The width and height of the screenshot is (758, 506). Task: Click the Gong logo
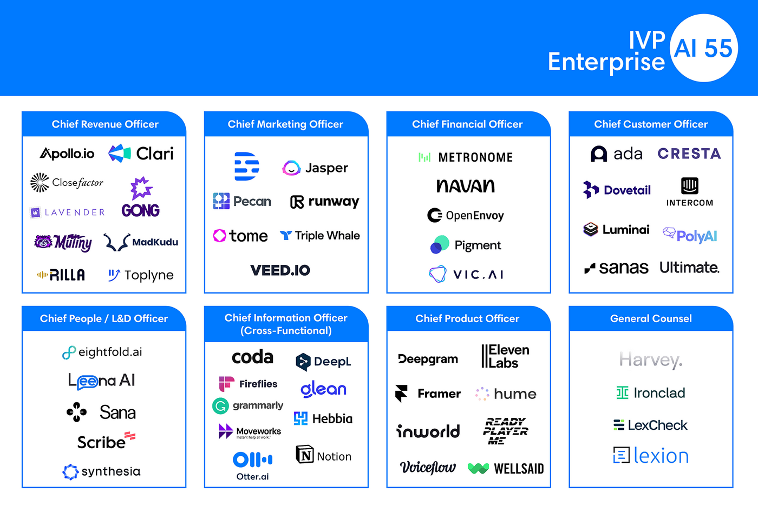point(141,198)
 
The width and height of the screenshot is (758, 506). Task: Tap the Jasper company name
point(326,168)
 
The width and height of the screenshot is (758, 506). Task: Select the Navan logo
point(466,186)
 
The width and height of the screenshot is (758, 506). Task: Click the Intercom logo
point(689,192)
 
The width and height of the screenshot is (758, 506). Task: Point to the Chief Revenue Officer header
point(105,124)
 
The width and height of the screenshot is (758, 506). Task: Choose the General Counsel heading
point(651,319)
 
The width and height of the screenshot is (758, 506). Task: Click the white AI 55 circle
point(704,49)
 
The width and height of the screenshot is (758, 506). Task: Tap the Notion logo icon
point(305,455)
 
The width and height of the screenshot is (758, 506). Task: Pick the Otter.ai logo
point(253,465)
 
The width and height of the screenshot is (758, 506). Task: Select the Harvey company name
point(651,359)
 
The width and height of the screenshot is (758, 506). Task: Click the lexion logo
point(651,456)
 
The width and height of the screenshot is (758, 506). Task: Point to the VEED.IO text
point(280,270)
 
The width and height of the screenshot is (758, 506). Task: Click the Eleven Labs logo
point(506,357)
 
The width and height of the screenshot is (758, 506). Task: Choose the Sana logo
point(101,412)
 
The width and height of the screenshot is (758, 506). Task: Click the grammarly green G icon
point(220,405)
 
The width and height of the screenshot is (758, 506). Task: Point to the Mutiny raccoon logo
point(43,241)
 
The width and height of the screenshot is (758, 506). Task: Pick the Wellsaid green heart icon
point(478,469)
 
